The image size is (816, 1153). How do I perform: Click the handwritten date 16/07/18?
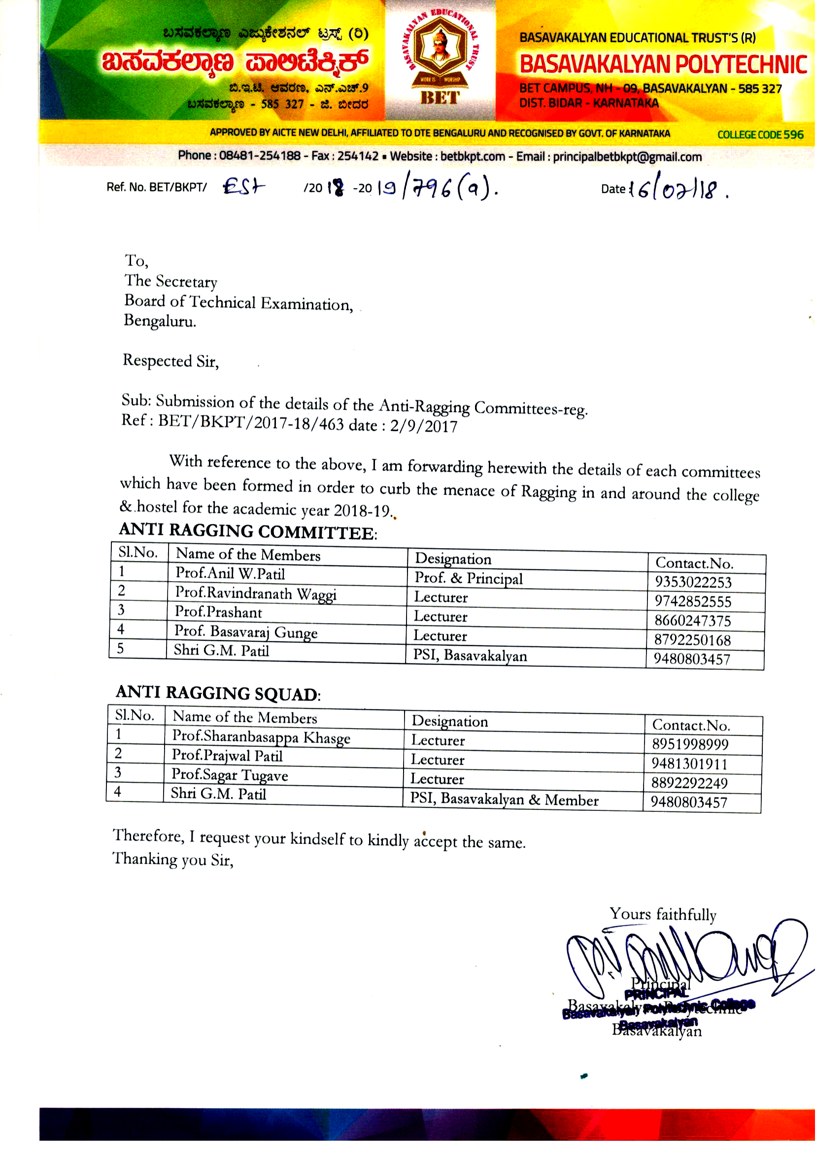[x=681, y=190]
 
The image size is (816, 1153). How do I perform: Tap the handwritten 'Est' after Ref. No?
[x=244, y=187]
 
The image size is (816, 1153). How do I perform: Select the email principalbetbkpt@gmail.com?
[x=627, y=157]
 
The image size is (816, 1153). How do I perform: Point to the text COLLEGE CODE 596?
[x=760, y=135]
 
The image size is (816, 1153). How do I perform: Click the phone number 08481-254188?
[x=259, y=156]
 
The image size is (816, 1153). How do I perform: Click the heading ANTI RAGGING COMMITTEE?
[x=248, y=531]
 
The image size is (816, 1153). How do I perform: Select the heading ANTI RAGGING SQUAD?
[x=218, y=693]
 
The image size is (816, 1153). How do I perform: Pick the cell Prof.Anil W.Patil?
[x=230, y=573]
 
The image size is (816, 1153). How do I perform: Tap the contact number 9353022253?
[x=693, y=582]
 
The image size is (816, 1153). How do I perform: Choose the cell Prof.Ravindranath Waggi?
[x=256, y=594]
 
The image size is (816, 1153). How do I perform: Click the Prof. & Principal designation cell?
[x=468, y=579]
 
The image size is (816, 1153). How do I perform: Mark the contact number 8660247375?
[x=692, y=621]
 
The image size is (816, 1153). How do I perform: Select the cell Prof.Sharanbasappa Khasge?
[x=261, y=737]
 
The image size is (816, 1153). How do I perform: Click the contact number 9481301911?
[x=689, y=764]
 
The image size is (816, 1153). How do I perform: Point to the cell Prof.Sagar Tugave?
[x=230, y=775]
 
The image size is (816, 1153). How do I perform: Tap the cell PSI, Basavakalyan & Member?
[x=504, y=799]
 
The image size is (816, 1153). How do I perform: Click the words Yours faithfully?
[x=663, y=914]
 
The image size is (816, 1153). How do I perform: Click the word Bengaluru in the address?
[x=160, y=321]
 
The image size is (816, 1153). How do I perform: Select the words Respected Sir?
[x=171, y=361]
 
